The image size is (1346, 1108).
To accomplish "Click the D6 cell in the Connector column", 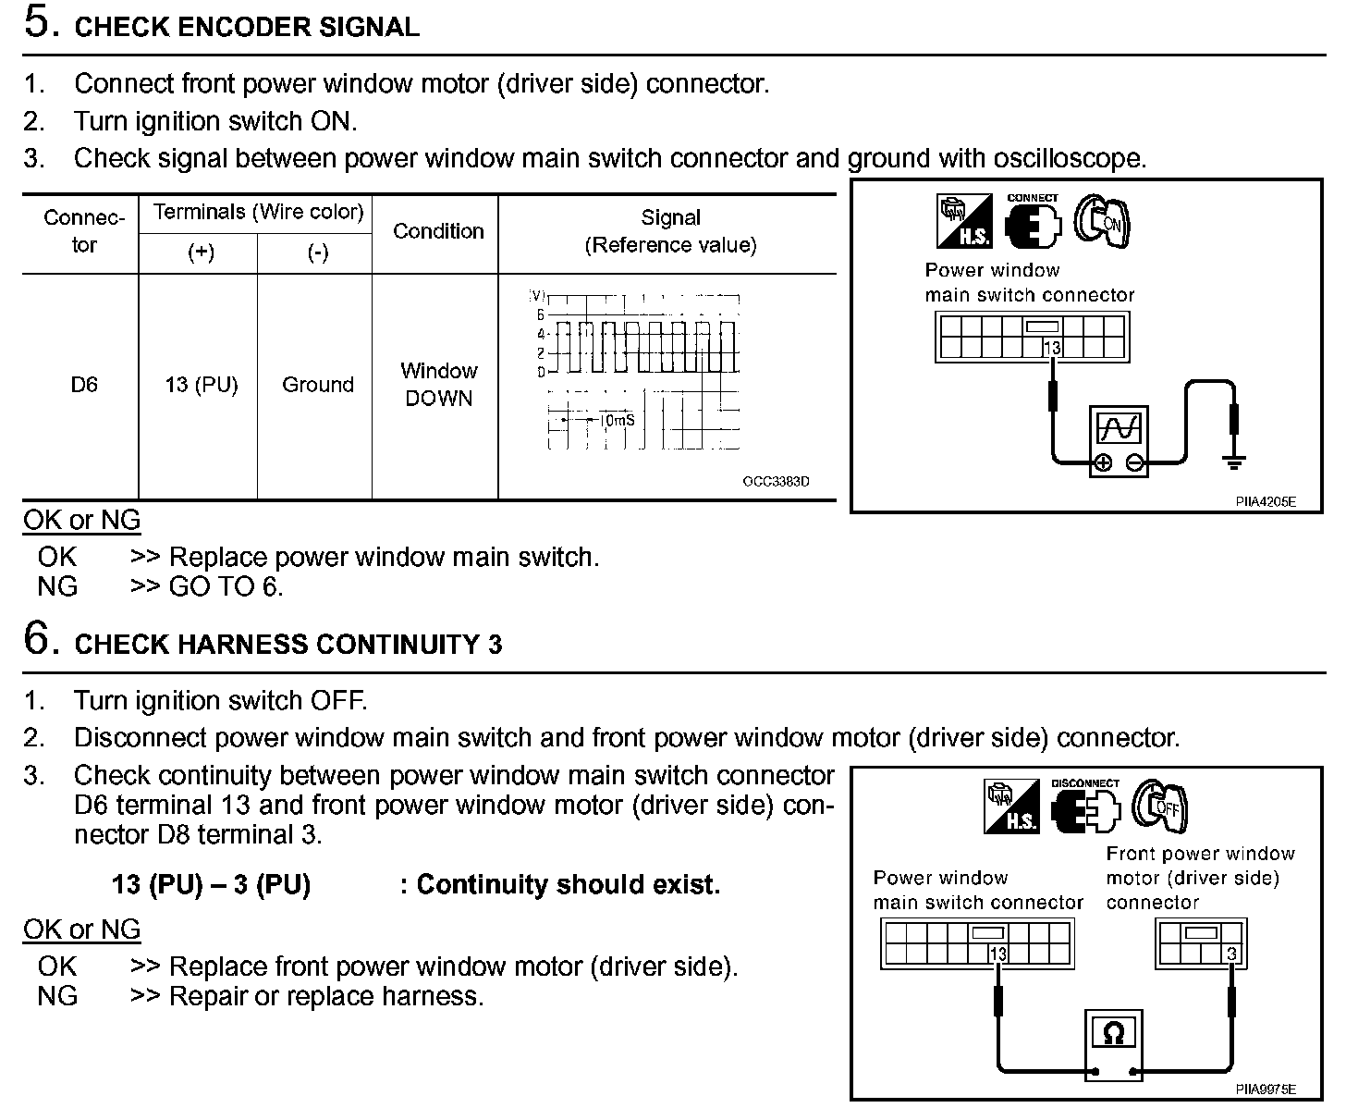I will tap(83, 385).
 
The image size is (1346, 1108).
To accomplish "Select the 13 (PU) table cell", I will tap(201, 385).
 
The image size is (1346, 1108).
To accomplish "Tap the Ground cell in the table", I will tap(317, 385).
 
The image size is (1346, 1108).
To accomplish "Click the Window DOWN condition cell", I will tap(438, 385).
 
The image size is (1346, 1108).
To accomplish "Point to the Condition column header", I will tap(438, 231).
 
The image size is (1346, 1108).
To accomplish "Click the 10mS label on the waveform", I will tap(618, 420).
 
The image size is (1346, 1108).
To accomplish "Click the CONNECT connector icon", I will tap(1032, 223).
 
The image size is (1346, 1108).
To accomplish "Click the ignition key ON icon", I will tap(1103, 222).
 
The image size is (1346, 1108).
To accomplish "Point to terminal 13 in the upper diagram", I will tap(1051, 348).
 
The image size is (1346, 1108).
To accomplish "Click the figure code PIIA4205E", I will tap(1266, 501).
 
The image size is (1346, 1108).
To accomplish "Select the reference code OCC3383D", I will tap(776, 482).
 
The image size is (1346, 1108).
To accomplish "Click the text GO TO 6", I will tap(226, 586).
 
